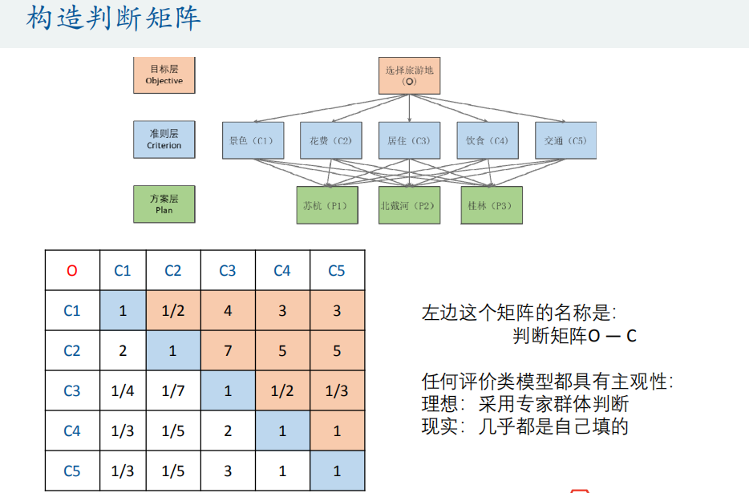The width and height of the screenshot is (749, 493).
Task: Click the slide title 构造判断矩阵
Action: tap(112, 19)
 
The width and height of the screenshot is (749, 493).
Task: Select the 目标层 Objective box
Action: tap(164, 75)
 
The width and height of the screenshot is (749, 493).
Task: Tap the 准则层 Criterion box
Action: tap(164, 139)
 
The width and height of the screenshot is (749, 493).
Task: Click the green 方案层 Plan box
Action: tap(164, 204)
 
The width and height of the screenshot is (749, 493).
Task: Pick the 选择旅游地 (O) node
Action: tap(409, 75)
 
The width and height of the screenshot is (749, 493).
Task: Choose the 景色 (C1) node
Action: tap(251, 140)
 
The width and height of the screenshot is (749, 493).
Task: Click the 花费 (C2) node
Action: tap(330, 140)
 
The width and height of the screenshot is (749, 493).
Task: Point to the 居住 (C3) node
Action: tap(409, 140)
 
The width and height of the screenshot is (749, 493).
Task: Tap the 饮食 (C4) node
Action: tap(488, 140)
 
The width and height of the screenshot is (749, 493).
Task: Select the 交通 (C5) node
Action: tap(565, 140)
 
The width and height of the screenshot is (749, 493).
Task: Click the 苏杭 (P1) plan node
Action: tap(326, 205)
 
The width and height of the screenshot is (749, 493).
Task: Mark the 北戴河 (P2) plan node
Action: tap(409, 205)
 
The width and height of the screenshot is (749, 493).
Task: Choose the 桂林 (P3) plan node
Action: tap(491, 205)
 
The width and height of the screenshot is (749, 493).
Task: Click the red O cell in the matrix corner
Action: tap(72, 270)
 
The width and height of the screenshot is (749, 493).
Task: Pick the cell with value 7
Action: tap(228, 350)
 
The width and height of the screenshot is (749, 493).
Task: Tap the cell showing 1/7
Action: tap(173, 391)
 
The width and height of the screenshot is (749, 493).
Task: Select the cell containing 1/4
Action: tap(123, 391)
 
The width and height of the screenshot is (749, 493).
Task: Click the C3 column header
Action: tap(228, 270)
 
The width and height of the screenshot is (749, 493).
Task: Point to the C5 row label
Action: tap(72, 471)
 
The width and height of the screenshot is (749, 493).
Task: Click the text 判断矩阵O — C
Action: tap(574, 336)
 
